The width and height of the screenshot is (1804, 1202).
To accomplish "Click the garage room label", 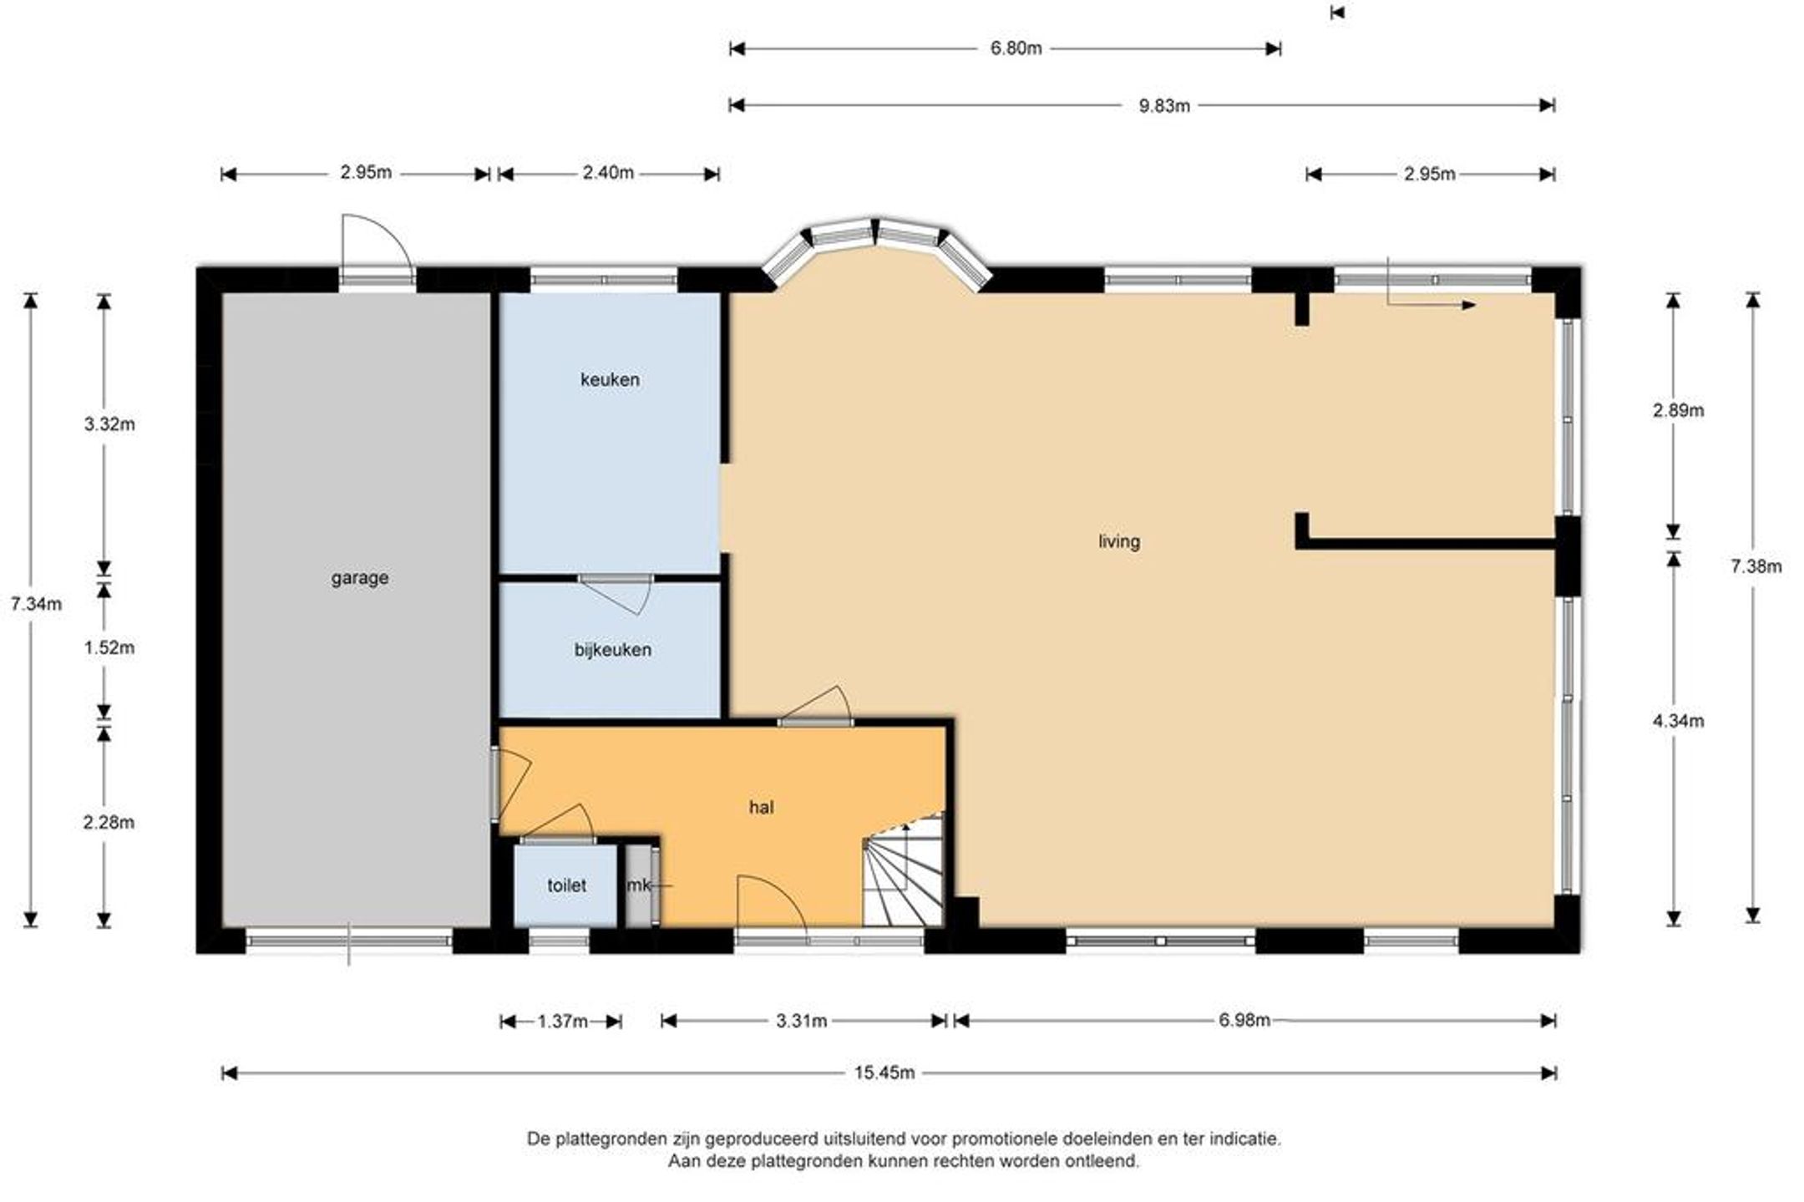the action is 359,578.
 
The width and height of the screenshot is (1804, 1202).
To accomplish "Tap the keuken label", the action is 610,380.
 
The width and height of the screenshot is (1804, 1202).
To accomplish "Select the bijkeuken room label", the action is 612,650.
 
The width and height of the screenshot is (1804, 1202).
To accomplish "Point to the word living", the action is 1118,542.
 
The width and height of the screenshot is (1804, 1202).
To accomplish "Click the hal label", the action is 761,808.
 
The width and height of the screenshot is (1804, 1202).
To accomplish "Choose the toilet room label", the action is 566,885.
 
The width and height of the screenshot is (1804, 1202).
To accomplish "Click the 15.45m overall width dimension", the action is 884,1073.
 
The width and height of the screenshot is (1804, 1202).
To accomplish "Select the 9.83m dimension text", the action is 1164,106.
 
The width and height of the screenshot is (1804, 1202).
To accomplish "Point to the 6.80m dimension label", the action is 1016,48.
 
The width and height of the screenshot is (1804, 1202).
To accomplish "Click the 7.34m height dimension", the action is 36,604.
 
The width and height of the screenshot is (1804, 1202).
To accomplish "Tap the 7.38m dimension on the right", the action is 1756,567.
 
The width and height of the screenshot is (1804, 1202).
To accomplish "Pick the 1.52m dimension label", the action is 109,648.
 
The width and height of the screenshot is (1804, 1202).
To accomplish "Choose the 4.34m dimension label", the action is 1678,721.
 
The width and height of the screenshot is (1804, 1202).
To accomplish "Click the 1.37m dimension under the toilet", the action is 563,1022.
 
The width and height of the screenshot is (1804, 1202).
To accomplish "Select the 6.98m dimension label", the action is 1244,1020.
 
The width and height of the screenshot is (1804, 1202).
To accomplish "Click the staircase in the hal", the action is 904,870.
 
